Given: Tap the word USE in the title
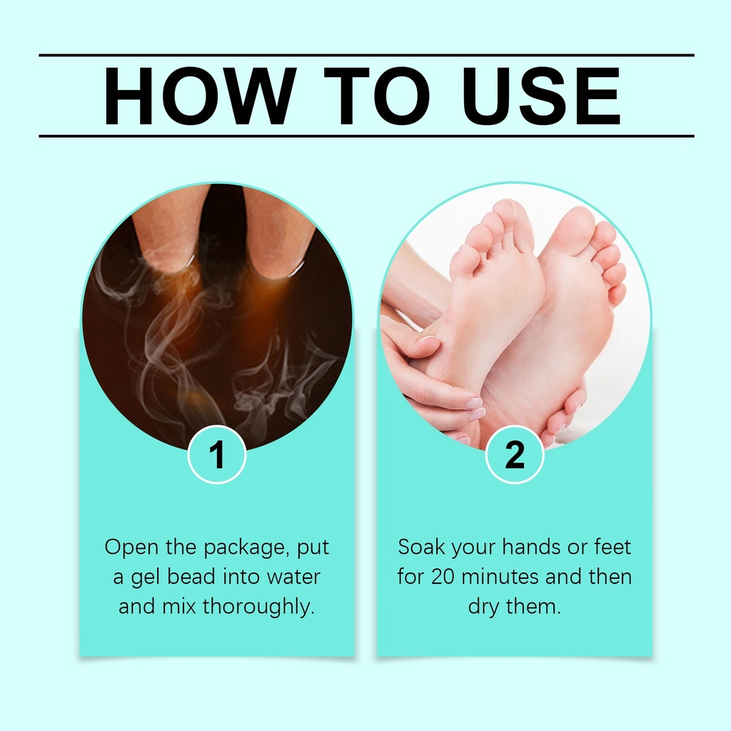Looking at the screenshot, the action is coord(541,96).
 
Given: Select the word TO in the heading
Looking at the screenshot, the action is coord(377,96).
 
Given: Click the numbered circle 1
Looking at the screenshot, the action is coord(217,455).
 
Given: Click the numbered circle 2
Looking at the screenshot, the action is coord(515,455).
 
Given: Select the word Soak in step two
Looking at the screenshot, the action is coord(421,547).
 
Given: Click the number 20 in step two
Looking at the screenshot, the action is coord(443,577).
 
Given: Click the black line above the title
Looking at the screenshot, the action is coord(366,55).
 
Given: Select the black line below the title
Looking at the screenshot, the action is coord(366,136).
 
